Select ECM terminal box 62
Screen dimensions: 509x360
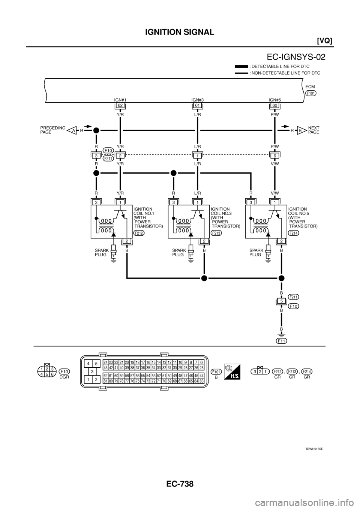point(120,106)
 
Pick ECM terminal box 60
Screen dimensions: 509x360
point(275,106)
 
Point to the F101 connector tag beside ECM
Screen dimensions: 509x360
point(311,93)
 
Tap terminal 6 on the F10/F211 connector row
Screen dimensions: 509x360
point(275,155)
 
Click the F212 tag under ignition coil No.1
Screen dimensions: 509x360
point(139,233)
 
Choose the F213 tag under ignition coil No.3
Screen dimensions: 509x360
point(216,233)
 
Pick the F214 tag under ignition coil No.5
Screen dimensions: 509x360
point(294,233)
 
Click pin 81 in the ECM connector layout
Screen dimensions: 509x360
point(106,380)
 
